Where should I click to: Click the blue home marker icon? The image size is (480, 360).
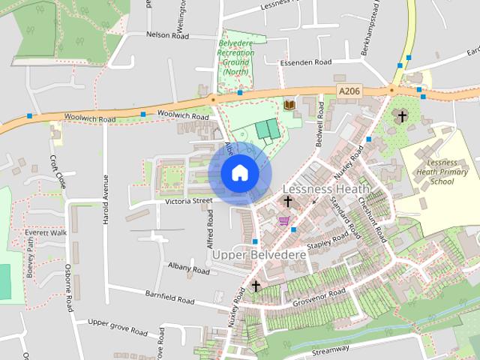tap(239, 173)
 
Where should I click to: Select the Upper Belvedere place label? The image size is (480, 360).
tap(259, 255)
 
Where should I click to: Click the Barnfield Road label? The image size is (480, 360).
tap(170, 298)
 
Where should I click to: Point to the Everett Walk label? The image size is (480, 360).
tap(46, 233)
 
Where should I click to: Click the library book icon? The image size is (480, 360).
tap(289, 104)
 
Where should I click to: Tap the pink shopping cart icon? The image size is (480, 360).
tap(283, 220)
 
